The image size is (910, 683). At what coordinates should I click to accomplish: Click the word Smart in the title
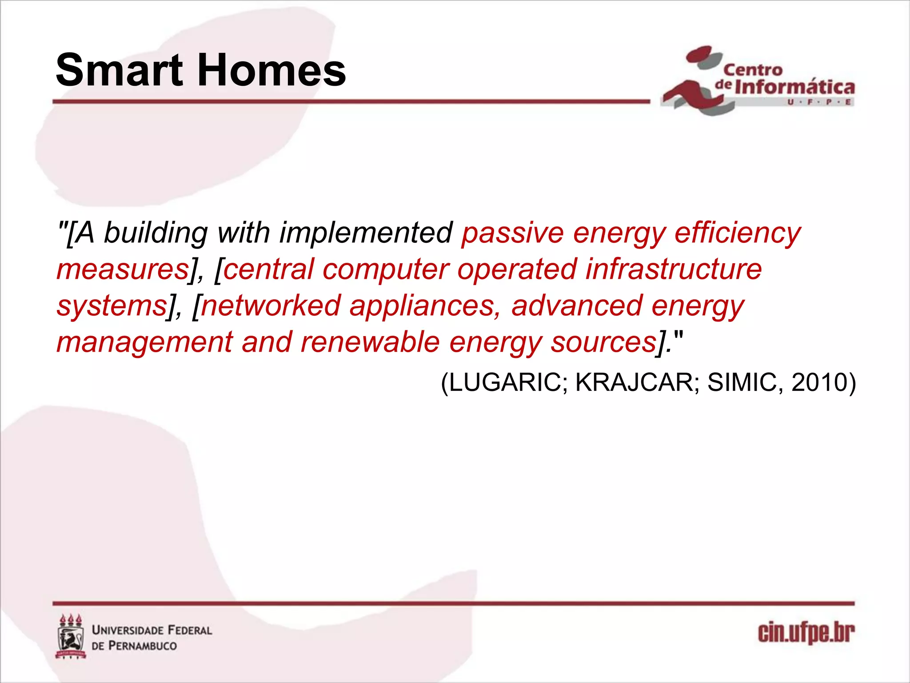tap(119, 70)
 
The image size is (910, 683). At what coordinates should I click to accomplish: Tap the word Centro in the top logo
tap(753, 70)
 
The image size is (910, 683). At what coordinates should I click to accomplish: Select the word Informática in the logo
tap(794, 87)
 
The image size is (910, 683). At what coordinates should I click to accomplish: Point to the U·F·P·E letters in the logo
tap(819, 102)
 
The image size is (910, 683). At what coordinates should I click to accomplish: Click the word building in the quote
tap(156, 233)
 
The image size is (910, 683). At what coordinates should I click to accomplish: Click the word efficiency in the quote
tap(738, 233)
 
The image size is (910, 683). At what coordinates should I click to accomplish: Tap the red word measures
tap(122, 269)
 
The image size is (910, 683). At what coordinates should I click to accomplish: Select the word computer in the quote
tap(386, 269)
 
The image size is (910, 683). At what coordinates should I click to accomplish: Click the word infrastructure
tap(673, 269)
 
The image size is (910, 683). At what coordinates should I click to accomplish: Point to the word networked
tap(271, 306)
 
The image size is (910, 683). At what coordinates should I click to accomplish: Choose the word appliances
tap(425, 306)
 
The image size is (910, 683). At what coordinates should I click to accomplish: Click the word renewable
tap(370, 342)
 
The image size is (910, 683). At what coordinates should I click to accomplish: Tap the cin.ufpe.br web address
tap(806, 633)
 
